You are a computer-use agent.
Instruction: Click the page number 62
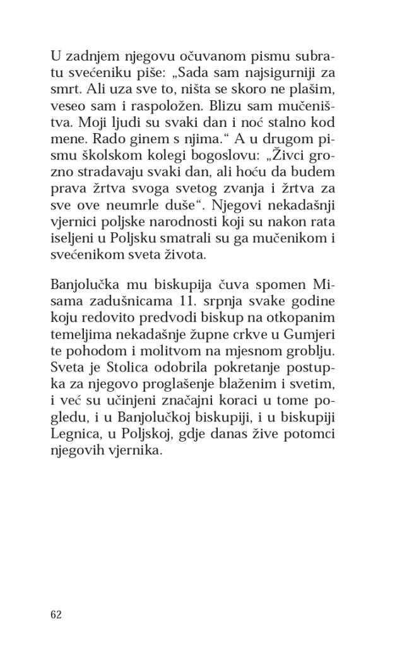pos(56,615)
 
